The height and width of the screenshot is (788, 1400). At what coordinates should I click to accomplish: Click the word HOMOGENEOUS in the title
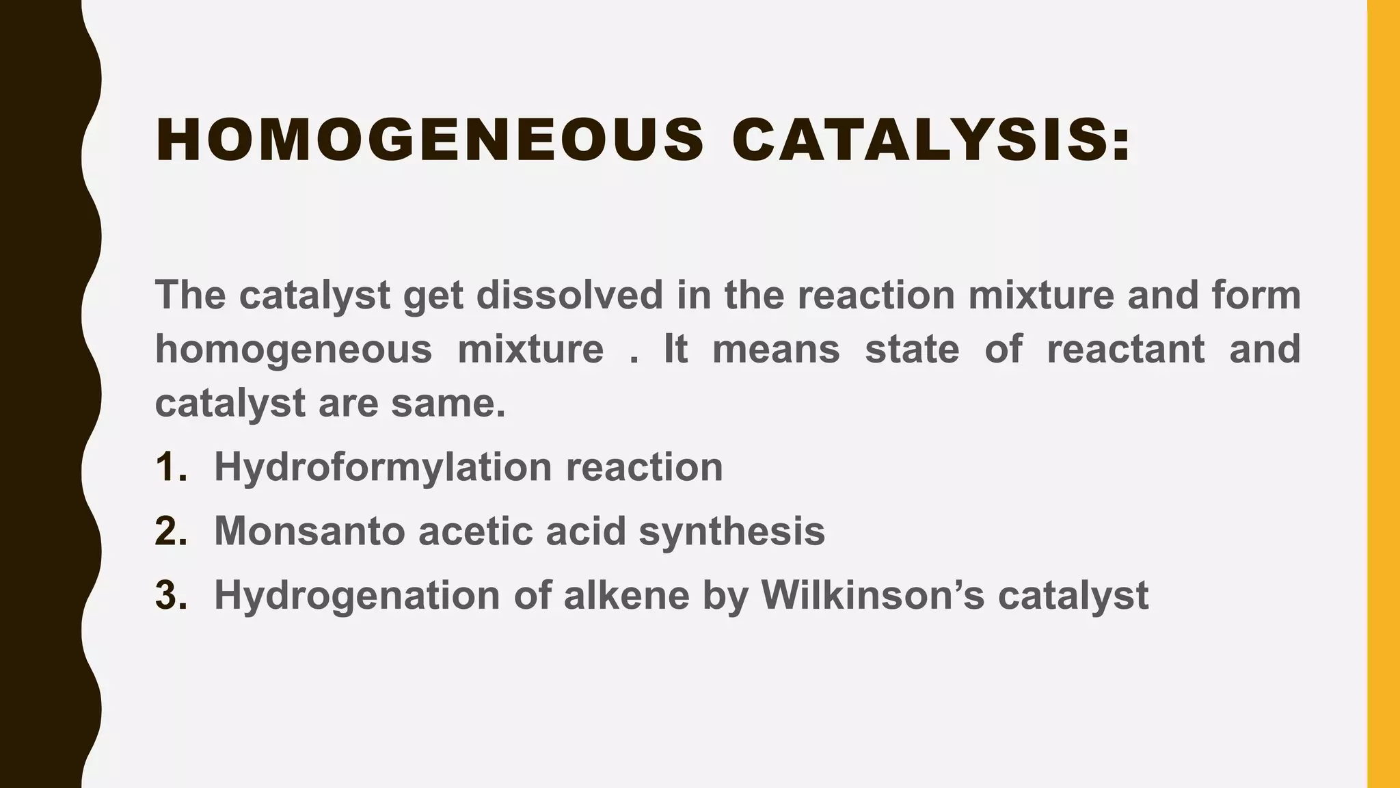pyautogui.click(x=429, y=140)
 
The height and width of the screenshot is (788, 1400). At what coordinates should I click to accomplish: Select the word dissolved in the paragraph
pyautogui.click(x=569, y=295)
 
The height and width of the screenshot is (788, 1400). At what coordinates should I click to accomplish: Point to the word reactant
pyautogui.click(x=1125, y=349)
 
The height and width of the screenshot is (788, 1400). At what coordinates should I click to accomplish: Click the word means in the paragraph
pyautogui.click(x=776, y=349)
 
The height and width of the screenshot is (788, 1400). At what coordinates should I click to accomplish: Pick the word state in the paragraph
pyautogui.click(x=912, y=349)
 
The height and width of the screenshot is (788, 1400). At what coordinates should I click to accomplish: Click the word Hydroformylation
pyautogui.click(x=383, y=467)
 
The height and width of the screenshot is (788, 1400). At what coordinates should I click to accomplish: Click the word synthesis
pyautogui.click(x=731, y=531)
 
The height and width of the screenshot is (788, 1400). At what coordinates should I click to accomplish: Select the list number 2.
pyautogui.click(x=170, y=531)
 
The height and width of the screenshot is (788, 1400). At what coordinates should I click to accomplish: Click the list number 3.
pyautogui.click(x=170, y=595)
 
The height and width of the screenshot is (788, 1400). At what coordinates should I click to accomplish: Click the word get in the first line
pyautogui.click(x=432, y=296)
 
